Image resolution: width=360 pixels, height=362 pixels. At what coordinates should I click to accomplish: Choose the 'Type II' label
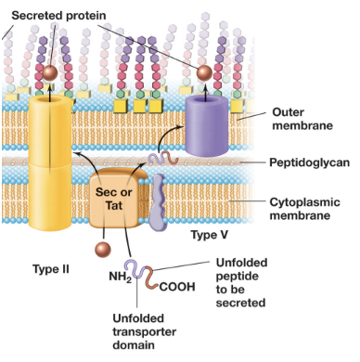pos(50,269)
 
